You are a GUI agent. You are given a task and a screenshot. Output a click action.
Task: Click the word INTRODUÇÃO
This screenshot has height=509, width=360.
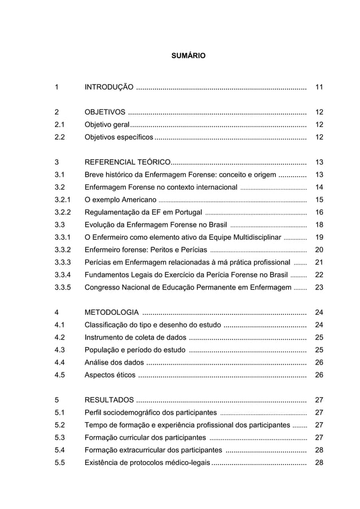point(109,87)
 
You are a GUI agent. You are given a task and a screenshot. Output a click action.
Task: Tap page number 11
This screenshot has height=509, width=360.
point(319,87)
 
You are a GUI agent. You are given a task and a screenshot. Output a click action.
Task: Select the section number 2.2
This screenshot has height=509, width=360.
point(60,137)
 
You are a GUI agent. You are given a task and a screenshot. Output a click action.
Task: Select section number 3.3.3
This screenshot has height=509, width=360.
point(63,262)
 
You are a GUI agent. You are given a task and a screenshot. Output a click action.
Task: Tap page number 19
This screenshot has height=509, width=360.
point(319,237)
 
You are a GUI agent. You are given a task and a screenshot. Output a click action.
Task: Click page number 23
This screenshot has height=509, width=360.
point(319,287)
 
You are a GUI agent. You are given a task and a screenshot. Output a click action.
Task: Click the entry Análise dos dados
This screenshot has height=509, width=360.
point(113,362)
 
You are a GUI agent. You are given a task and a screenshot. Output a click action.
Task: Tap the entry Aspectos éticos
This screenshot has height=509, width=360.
point(109,374)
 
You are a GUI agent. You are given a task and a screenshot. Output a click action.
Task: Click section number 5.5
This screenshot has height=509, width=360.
point(60,462)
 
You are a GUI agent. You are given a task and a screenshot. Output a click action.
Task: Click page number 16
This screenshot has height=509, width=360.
point(319,212)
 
